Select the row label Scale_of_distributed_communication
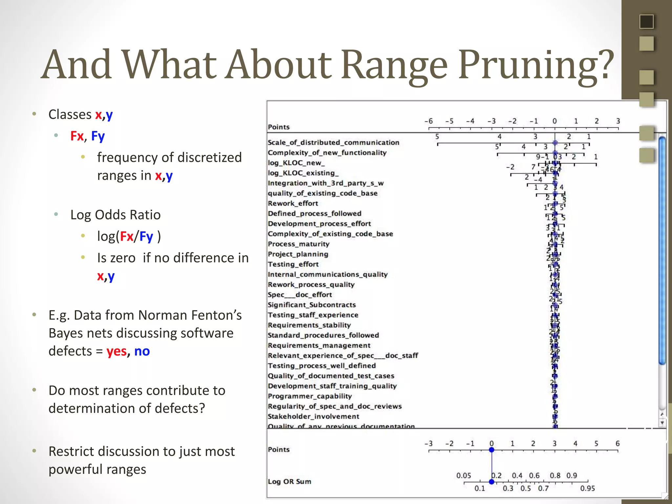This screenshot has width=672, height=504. pos(333,142)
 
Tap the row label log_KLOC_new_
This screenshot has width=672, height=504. pos(296,163)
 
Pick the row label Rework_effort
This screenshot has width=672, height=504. pos(293,203)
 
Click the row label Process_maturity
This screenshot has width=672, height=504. pos(299,244)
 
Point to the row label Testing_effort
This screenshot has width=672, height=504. pos(293,264)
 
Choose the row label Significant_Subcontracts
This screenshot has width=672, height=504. pos(312,305)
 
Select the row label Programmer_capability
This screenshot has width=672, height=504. pos(310,396)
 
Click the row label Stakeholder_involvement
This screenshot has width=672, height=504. pos(313,416)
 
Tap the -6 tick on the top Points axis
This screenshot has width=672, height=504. pos(429,121)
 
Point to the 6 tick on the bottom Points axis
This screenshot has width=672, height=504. pos(618,444)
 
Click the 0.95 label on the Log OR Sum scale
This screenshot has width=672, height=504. pos(587,489)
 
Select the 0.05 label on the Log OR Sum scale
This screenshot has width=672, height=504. pos(464,475)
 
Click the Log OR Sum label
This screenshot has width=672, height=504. pos(289,482)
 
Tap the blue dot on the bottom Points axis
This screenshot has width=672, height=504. pos(492,450)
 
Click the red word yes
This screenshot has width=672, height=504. pos(116,351)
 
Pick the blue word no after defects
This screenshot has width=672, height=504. pos(142,351)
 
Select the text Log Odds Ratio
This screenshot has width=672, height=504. pos(115,215)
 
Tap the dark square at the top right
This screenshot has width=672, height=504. pos(646,22)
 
